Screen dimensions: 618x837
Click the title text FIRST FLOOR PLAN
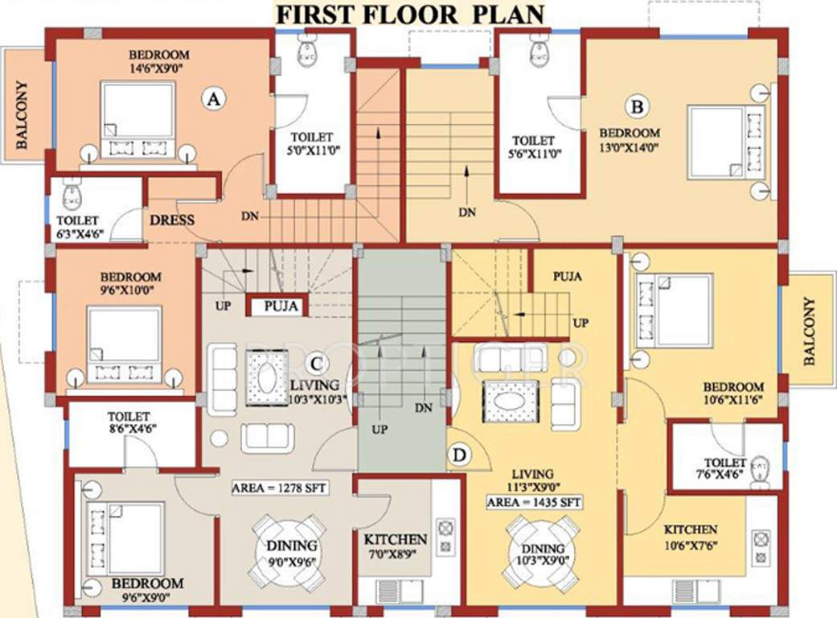click(x=410, y=14)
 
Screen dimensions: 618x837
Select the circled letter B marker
click(x=638, y=105)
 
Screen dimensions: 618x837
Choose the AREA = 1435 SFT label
click(x=534, y=502)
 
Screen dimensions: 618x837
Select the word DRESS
click(x=171, y=220)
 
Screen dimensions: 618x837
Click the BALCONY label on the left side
click(x=22, y=114)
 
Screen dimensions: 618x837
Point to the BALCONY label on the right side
click(x=809, y=331)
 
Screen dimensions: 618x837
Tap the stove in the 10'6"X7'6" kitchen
click(x=760, y=543)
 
